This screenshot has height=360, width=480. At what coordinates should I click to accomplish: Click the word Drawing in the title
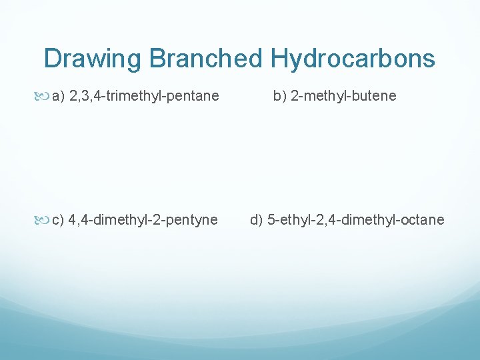(x=93, y=59)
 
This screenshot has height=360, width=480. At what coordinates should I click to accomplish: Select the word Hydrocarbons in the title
(x=352, y=59)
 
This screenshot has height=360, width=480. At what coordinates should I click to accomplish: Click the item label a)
(x=58, y=96)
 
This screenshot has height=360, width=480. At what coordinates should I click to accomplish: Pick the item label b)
(x=279, y=96)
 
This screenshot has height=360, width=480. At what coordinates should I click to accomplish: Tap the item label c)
(x=58, y=220)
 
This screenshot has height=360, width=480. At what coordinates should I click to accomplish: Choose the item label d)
(x=257, y=220)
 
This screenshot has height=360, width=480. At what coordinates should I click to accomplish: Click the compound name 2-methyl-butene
(x=343, y=96)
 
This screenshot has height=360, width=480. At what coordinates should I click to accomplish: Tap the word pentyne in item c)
(x=194, y=220)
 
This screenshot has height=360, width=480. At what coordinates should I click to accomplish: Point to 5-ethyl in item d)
(x=288, y=220)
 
